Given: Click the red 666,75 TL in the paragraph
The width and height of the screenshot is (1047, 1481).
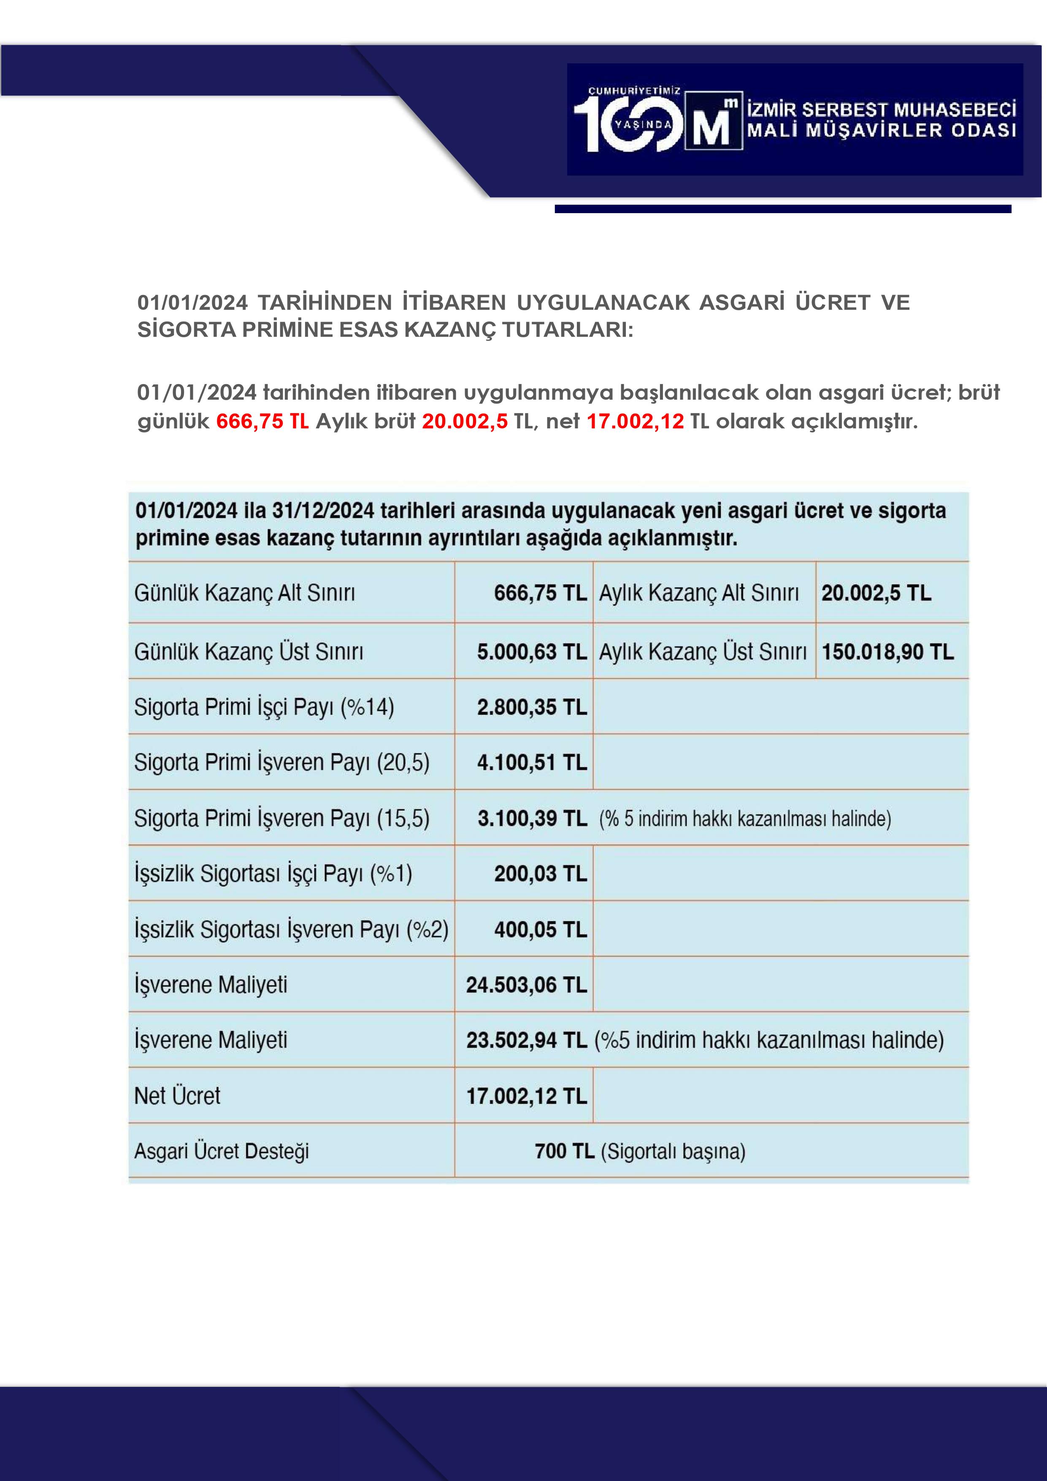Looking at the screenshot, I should point(262,421).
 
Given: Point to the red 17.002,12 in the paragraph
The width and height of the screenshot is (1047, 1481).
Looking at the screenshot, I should point(635,421).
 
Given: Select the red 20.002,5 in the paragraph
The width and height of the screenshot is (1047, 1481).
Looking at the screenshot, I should point(465,421).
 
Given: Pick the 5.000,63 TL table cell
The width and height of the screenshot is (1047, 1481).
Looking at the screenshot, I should point(532,652).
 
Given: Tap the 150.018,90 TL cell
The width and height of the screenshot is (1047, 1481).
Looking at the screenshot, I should point(887,652).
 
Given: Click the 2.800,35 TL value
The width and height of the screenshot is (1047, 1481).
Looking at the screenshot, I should point(532,707).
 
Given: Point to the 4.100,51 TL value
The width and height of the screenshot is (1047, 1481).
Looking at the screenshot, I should point(532,762).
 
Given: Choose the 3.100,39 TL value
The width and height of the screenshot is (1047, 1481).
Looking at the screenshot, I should point(532,818).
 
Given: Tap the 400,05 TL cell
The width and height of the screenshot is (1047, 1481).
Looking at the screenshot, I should point(540,929).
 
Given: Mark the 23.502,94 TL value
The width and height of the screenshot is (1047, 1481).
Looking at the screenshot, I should point(526,1040).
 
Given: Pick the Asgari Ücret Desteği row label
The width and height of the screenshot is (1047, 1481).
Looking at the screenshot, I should point(221,1151).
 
